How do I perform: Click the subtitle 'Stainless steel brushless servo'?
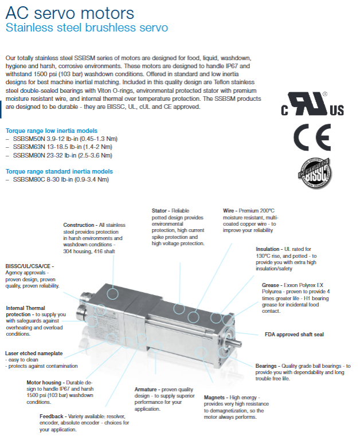click(x=86, y=27)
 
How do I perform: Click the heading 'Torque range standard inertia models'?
click(x=59, y=171)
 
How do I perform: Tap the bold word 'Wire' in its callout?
click(x=228, y=211)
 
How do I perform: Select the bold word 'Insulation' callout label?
click(x=268, y=249)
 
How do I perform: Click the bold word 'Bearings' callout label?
click(x=267, y=366)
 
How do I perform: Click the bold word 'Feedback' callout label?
click(x=52, y=416)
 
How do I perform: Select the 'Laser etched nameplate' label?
click(x=34, y=353)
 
